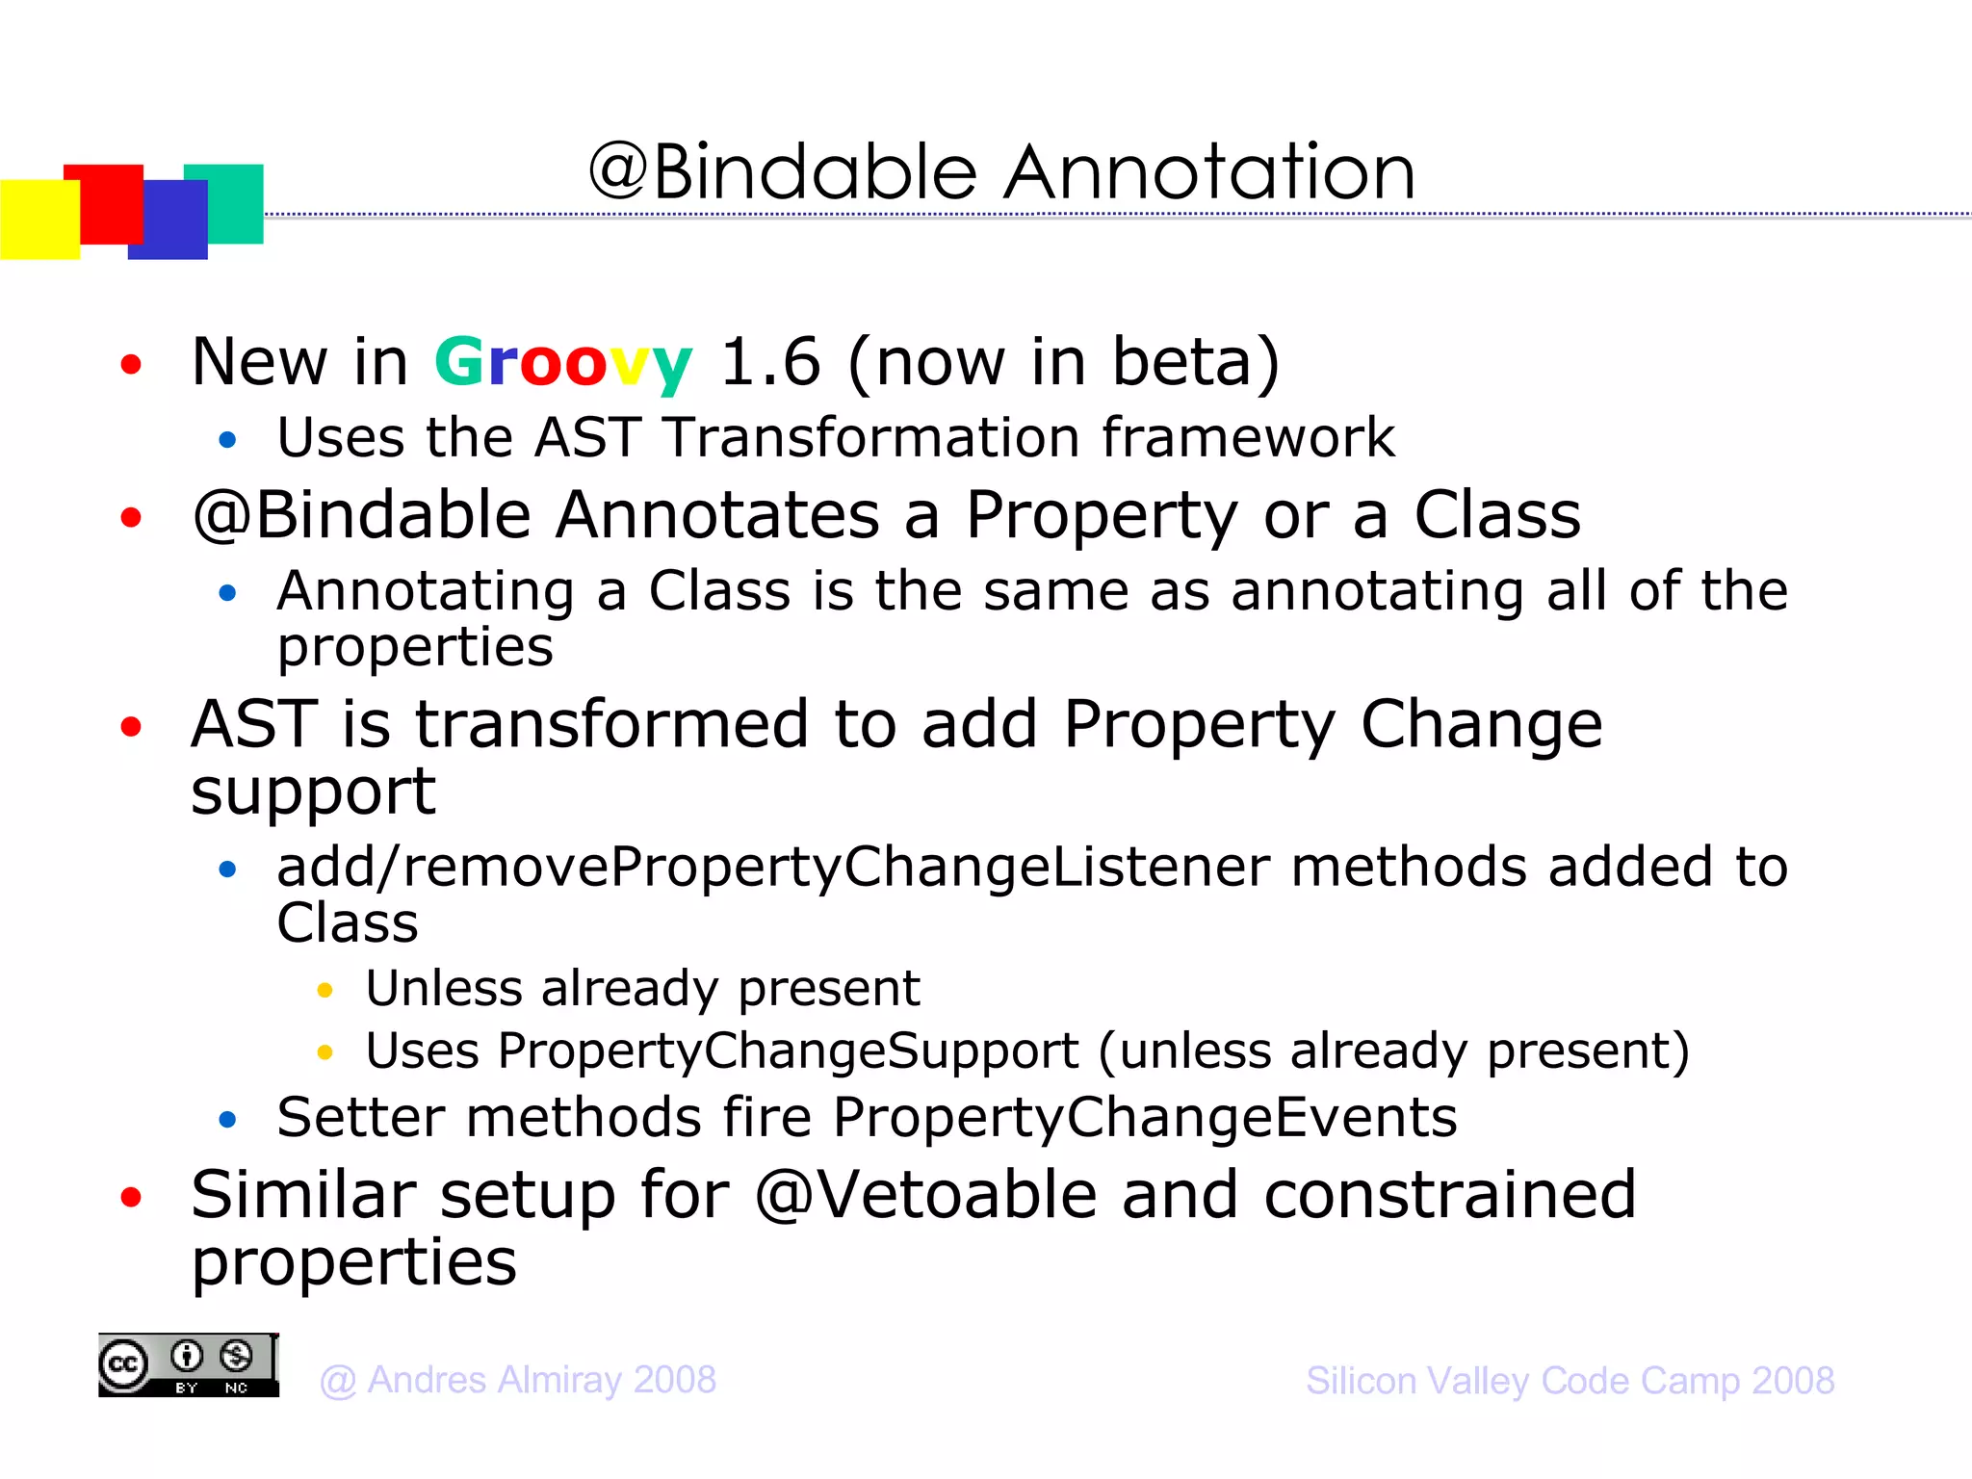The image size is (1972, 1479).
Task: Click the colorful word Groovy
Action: point(562,364)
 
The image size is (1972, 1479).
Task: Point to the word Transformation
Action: point(870,438)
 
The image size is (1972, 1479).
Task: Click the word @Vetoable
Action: point(925,1195)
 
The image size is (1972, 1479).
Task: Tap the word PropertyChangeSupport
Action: point(788,1051)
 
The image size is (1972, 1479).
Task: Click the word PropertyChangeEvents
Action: point(1144,1118)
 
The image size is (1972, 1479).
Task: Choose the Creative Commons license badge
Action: point(188,1365)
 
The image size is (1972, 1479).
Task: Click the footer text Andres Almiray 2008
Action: point(541,1381)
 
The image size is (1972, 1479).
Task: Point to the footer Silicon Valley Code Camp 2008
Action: point(1570,1381)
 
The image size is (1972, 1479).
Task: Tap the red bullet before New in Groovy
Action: point(131,365)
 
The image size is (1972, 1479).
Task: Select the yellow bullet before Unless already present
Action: point(325,990)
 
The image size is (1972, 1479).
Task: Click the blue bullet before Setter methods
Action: point(227,1119)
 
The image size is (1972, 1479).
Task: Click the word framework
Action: point(1248,438)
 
